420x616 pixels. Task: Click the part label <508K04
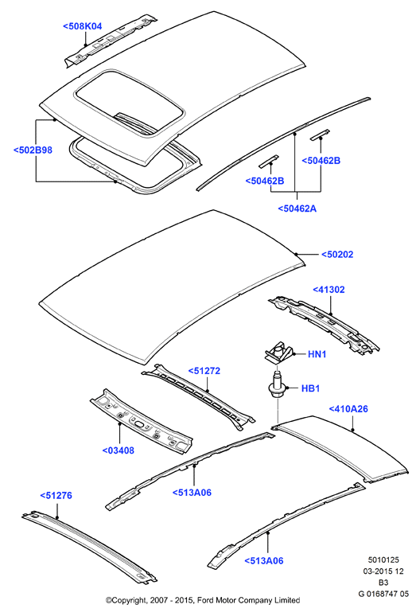point(83,26)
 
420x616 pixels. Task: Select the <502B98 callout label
point(33,150)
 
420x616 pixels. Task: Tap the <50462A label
point(297,209)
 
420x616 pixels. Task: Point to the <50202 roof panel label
point(337,255)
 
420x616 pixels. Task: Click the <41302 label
point(329,290)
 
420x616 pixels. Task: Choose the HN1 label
point(317,354)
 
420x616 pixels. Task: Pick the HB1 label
point(310,388)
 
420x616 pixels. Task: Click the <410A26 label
point(348,409)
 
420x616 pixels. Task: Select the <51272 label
point(204,371)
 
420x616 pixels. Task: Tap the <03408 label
point(119,450)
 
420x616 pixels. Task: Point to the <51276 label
point(56,496)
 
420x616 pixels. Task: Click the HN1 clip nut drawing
point(278,352)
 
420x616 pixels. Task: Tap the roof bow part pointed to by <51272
point(199,396)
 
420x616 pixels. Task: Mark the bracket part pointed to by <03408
point(142,421)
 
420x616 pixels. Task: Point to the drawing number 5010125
point(383,560)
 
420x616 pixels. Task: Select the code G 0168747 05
point(383,594)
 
